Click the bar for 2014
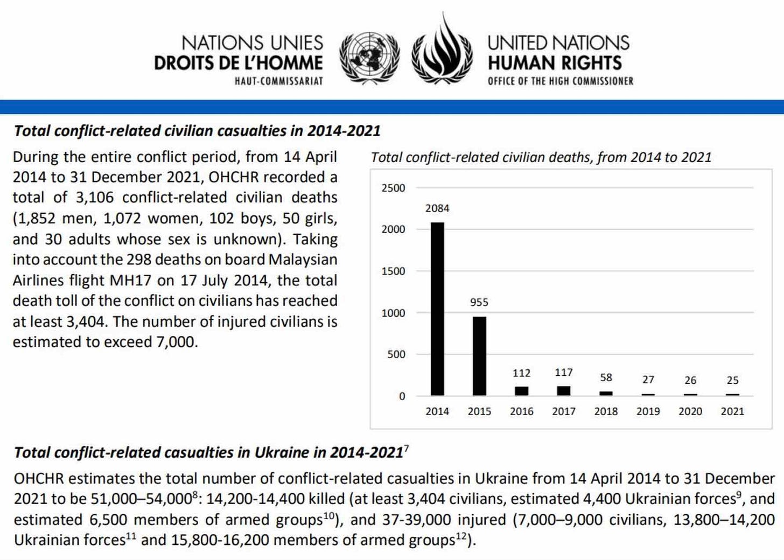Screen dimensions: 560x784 (x=437, y=309)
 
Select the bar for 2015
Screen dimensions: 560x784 (x=479, y=356)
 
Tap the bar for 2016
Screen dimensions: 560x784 (x=521, y=391)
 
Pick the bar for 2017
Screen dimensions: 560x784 (x=564, y=391)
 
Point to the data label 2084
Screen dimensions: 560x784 (x=437, y=208)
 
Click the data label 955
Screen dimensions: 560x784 (x=479, y=303)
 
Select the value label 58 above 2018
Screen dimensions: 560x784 (x=606, y=377)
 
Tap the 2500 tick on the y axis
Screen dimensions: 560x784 (x=393, y=188)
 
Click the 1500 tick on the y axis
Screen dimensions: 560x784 (x=393, y=271)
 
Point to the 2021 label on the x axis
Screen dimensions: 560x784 (x=732, y=411)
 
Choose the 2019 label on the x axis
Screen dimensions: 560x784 (x=648, y=411)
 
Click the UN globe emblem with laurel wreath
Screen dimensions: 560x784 (x=369, y=58)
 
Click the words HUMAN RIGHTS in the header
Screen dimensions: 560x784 (x=555, y=63)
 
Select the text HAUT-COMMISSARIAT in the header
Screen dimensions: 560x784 (x=278, y=81)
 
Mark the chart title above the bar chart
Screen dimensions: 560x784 (x=541, y=157)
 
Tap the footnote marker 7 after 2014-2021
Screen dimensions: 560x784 (x=406, y=448)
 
